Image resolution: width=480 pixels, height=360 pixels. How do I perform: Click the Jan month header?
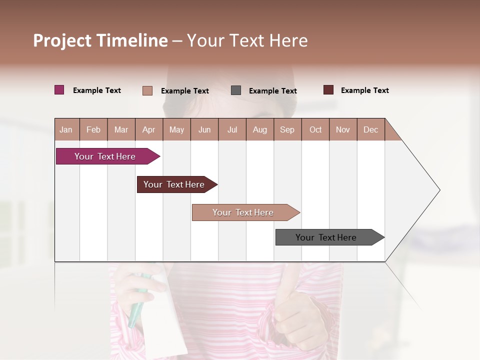(x=66, y=129)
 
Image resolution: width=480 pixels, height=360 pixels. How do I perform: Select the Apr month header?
(x=148, y=129)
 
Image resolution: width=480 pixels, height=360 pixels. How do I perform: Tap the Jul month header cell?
(x=232, y=129)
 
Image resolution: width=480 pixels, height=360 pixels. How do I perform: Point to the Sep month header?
(x=287, y=129)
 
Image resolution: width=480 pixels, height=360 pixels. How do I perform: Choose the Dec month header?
(x=370, y=129)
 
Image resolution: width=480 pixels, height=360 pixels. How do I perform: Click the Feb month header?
(x=93, y=129)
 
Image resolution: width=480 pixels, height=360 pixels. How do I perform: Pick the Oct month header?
(x=315, y=129)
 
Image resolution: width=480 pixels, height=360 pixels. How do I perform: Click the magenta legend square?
(x=59, y=90)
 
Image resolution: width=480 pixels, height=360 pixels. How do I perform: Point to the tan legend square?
(x=147, y=90)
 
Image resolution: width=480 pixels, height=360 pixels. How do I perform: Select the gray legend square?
(x=236, y=90)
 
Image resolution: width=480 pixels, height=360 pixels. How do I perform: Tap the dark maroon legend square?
(x=328, y=90)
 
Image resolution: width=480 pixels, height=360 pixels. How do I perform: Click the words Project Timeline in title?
(x=100, y=40)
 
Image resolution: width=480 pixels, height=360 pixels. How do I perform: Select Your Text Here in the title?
(x=247, y=40)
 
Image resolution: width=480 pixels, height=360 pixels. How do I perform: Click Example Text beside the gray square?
(x=272, y=91)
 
